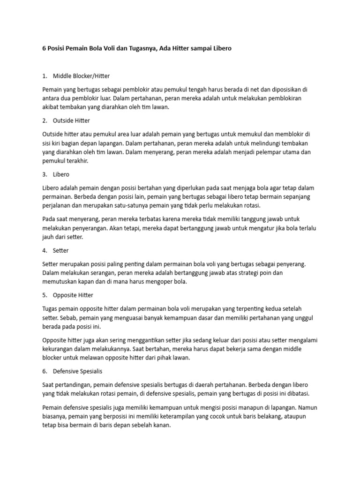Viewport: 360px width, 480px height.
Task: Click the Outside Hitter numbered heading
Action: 71,120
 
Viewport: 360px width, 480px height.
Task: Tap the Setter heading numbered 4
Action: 61,251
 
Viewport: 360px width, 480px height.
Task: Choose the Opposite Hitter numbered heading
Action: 73,295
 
